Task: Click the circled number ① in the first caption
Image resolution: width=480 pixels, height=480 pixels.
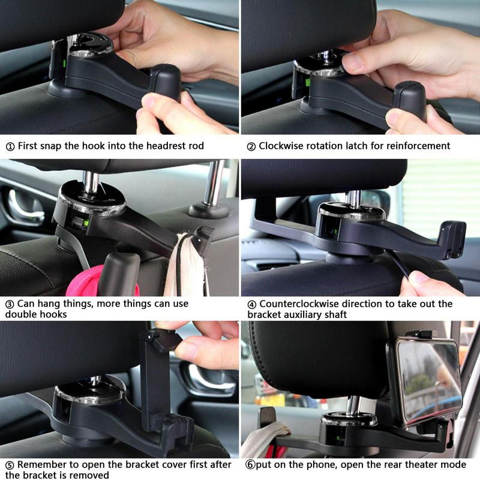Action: point(10,146)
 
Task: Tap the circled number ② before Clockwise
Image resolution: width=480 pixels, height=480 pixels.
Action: point(251,146)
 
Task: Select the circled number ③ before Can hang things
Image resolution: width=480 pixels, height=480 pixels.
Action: point(10,304)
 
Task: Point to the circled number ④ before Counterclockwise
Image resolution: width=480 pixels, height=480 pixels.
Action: point(251,304)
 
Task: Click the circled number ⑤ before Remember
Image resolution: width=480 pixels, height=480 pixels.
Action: point(10,464)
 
